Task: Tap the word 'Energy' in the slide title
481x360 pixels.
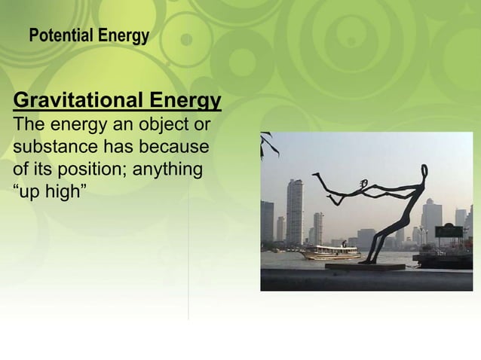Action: coord(124,35)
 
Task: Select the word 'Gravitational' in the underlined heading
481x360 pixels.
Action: coord(78,100)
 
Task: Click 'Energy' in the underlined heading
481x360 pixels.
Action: coord(185,100)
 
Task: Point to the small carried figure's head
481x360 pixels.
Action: coord(364,183)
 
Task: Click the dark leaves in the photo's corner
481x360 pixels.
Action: coord(268,143)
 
